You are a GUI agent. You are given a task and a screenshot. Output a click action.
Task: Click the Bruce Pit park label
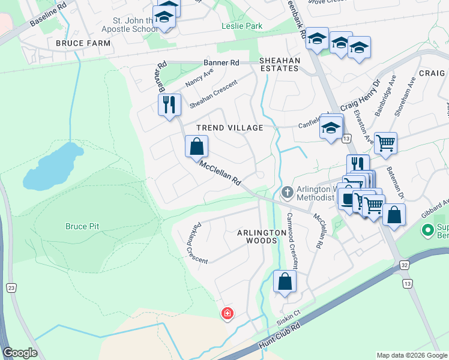coord(82,226)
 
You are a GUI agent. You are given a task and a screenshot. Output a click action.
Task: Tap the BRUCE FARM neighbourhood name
coord(83,43)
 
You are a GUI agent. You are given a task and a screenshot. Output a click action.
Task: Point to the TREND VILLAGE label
coord(230,128)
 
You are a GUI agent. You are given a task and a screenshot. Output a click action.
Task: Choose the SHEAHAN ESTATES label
coord(279,64)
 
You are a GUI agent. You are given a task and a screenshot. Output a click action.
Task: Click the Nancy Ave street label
coord(199,79)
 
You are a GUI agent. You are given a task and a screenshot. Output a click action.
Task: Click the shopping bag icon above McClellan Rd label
coord(196,145)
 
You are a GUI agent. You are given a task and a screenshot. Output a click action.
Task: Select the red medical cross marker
coord(228,313)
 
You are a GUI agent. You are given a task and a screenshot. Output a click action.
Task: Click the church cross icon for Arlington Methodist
coord(287,192)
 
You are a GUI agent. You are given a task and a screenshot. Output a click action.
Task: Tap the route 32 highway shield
coord(405,264)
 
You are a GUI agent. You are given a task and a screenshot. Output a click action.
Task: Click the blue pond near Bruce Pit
coord(52,166)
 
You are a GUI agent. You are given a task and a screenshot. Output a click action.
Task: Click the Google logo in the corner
coord(20,353)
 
